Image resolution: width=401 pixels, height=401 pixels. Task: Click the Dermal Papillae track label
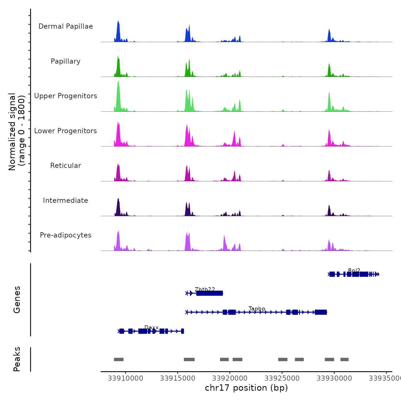(66, 26)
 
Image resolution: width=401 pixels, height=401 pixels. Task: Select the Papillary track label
(66, 61)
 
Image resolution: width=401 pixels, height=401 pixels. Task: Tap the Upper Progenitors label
(66, 96)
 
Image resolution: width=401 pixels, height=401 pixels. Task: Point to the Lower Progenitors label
(66, 131)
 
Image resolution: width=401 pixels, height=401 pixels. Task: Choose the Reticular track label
(66, 166)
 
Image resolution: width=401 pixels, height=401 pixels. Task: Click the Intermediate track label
(66, 200)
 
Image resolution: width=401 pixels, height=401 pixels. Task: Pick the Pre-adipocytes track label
(66, 235)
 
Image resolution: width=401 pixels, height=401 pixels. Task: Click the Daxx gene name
(152, 327)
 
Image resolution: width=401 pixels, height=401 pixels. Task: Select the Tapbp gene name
(257, 308)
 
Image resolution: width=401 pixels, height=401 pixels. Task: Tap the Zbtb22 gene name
(205, 289)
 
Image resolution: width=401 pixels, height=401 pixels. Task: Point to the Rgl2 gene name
(354, 270)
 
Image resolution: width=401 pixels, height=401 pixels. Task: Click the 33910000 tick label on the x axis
(125, 378)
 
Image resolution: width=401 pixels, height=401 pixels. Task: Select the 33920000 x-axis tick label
(230, 378)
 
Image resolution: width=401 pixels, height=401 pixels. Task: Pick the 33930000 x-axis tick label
(334, 378)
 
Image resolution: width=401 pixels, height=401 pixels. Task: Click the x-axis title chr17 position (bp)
(246, 388)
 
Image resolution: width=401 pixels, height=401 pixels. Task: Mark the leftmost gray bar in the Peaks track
(119, 359)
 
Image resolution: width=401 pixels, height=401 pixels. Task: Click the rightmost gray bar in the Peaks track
(344, 359)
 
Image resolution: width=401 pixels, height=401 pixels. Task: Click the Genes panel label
(17, 300)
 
